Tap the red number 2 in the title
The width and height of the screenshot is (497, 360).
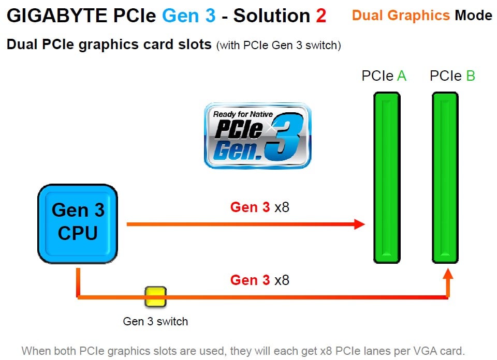click(x=321, y=16)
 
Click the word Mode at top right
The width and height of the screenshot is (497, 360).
click(x=473, y=16)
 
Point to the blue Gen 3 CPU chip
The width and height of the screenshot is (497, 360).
click(x=78, y=222)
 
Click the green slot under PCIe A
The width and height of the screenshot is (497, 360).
click(x=387, y=177)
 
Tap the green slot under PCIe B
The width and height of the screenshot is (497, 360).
click(x=445, y=177)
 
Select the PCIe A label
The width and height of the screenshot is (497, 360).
click(x=384, y=76)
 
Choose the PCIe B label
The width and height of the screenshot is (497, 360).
click(x=452, y=76)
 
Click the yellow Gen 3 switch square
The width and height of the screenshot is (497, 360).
click(x=155, y=297)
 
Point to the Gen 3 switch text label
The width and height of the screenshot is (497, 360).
click(x=155, y=321)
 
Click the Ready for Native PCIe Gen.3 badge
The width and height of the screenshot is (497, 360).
click(x=257, y=136)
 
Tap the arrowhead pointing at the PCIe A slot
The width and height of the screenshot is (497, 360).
click(x=359, y=224)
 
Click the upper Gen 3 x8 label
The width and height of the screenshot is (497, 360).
click(x=259, y=207)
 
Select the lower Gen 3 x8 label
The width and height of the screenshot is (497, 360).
click(x=259, y=280)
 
